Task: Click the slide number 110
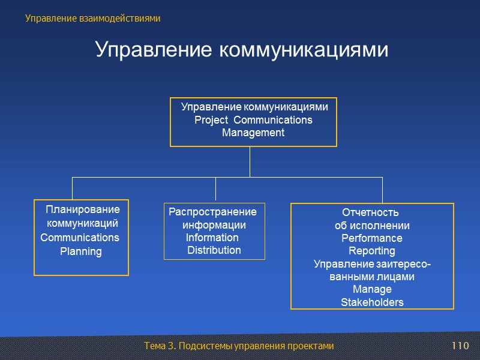coord(460,346)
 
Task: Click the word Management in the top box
coord(253,133)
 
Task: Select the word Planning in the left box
coord(81,251)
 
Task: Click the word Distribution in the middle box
coord(214,250)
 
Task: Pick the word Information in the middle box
coord(212,237)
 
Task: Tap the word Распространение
coord(212,212)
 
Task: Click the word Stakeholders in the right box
coord(372,302)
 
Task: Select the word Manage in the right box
coord(372,289)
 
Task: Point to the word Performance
coord(372,238)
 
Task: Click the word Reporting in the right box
coord(372,251)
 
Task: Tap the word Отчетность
coord(370,213)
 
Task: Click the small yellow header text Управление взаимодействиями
coord(93,19)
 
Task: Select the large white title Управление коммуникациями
coord(242,50)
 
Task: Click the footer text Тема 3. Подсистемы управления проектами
coord(239,346)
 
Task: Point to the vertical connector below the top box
coord(250,161)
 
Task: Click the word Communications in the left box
coord(80,238)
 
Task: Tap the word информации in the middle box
coord(214,225)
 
